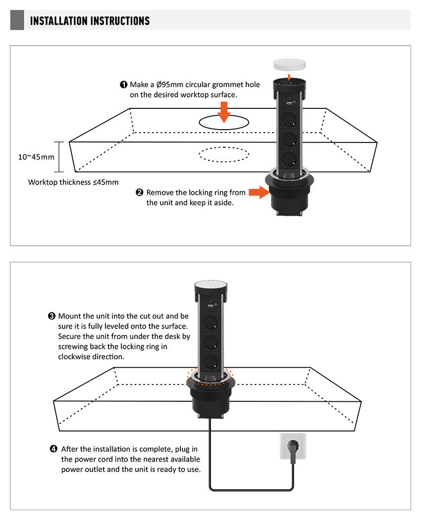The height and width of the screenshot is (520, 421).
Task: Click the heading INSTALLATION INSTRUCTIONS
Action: pyautogui.click(x=90, y=21)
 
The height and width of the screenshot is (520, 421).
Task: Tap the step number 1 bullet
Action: pyautogui.click(x=124, y=85)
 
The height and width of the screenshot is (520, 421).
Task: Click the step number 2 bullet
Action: pyautogui.click(x=140, y=192)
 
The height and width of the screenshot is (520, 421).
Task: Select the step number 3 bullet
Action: pyautogui.click(x=52, y=316)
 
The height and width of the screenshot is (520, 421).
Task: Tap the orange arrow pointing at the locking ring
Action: pyautogui.click(x=259, y=192)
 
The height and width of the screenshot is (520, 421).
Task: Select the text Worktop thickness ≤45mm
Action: pyautogui.click(x=73, y=182)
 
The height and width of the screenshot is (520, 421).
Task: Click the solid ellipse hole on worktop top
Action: pyautogui.click(x=224, y=123)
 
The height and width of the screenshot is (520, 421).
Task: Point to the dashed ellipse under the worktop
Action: pyautogui.click(x=224, y=154)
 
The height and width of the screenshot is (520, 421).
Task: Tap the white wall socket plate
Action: pyautogui.click(x=292, y=448)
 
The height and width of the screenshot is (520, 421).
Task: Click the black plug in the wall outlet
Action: pyautogui.click(x=292, y=453)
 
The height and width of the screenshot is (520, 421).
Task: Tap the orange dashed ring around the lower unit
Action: pyautogui.click(x=210, y=376)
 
